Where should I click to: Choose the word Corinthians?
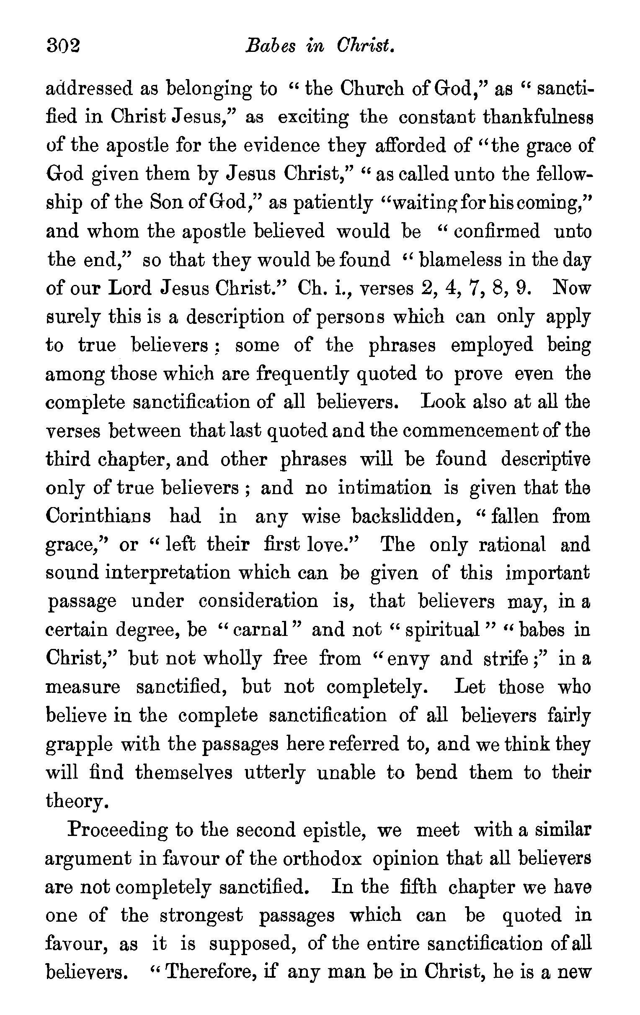point(98,516)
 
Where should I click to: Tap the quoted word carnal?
point(261,630)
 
